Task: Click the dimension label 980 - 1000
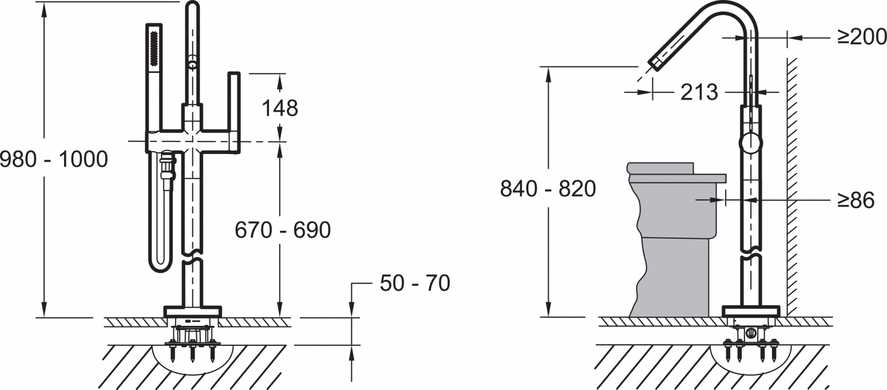(54, 159)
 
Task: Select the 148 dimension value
(280, 108)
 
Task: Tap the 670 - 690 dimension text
(283, 230)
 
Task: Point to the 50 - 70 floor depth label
(415, 283)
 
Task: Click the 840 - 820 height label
(548, 188)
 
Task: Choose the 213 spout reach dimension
(699, 92)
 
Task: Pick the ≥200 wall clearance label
(862, 38)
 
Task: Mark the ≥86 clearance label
(856, 200)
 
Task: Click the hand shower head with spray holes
(154, 48)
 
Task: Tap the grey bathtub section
(673, 238)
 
